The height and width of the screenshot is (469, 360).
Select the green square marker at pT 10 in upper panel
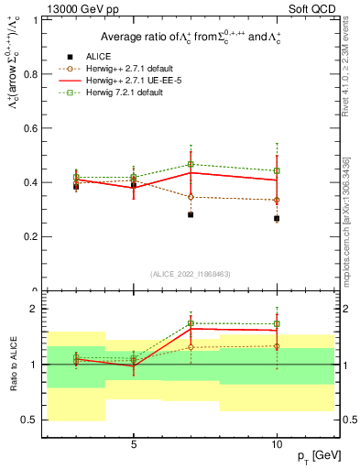point(277,170)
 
